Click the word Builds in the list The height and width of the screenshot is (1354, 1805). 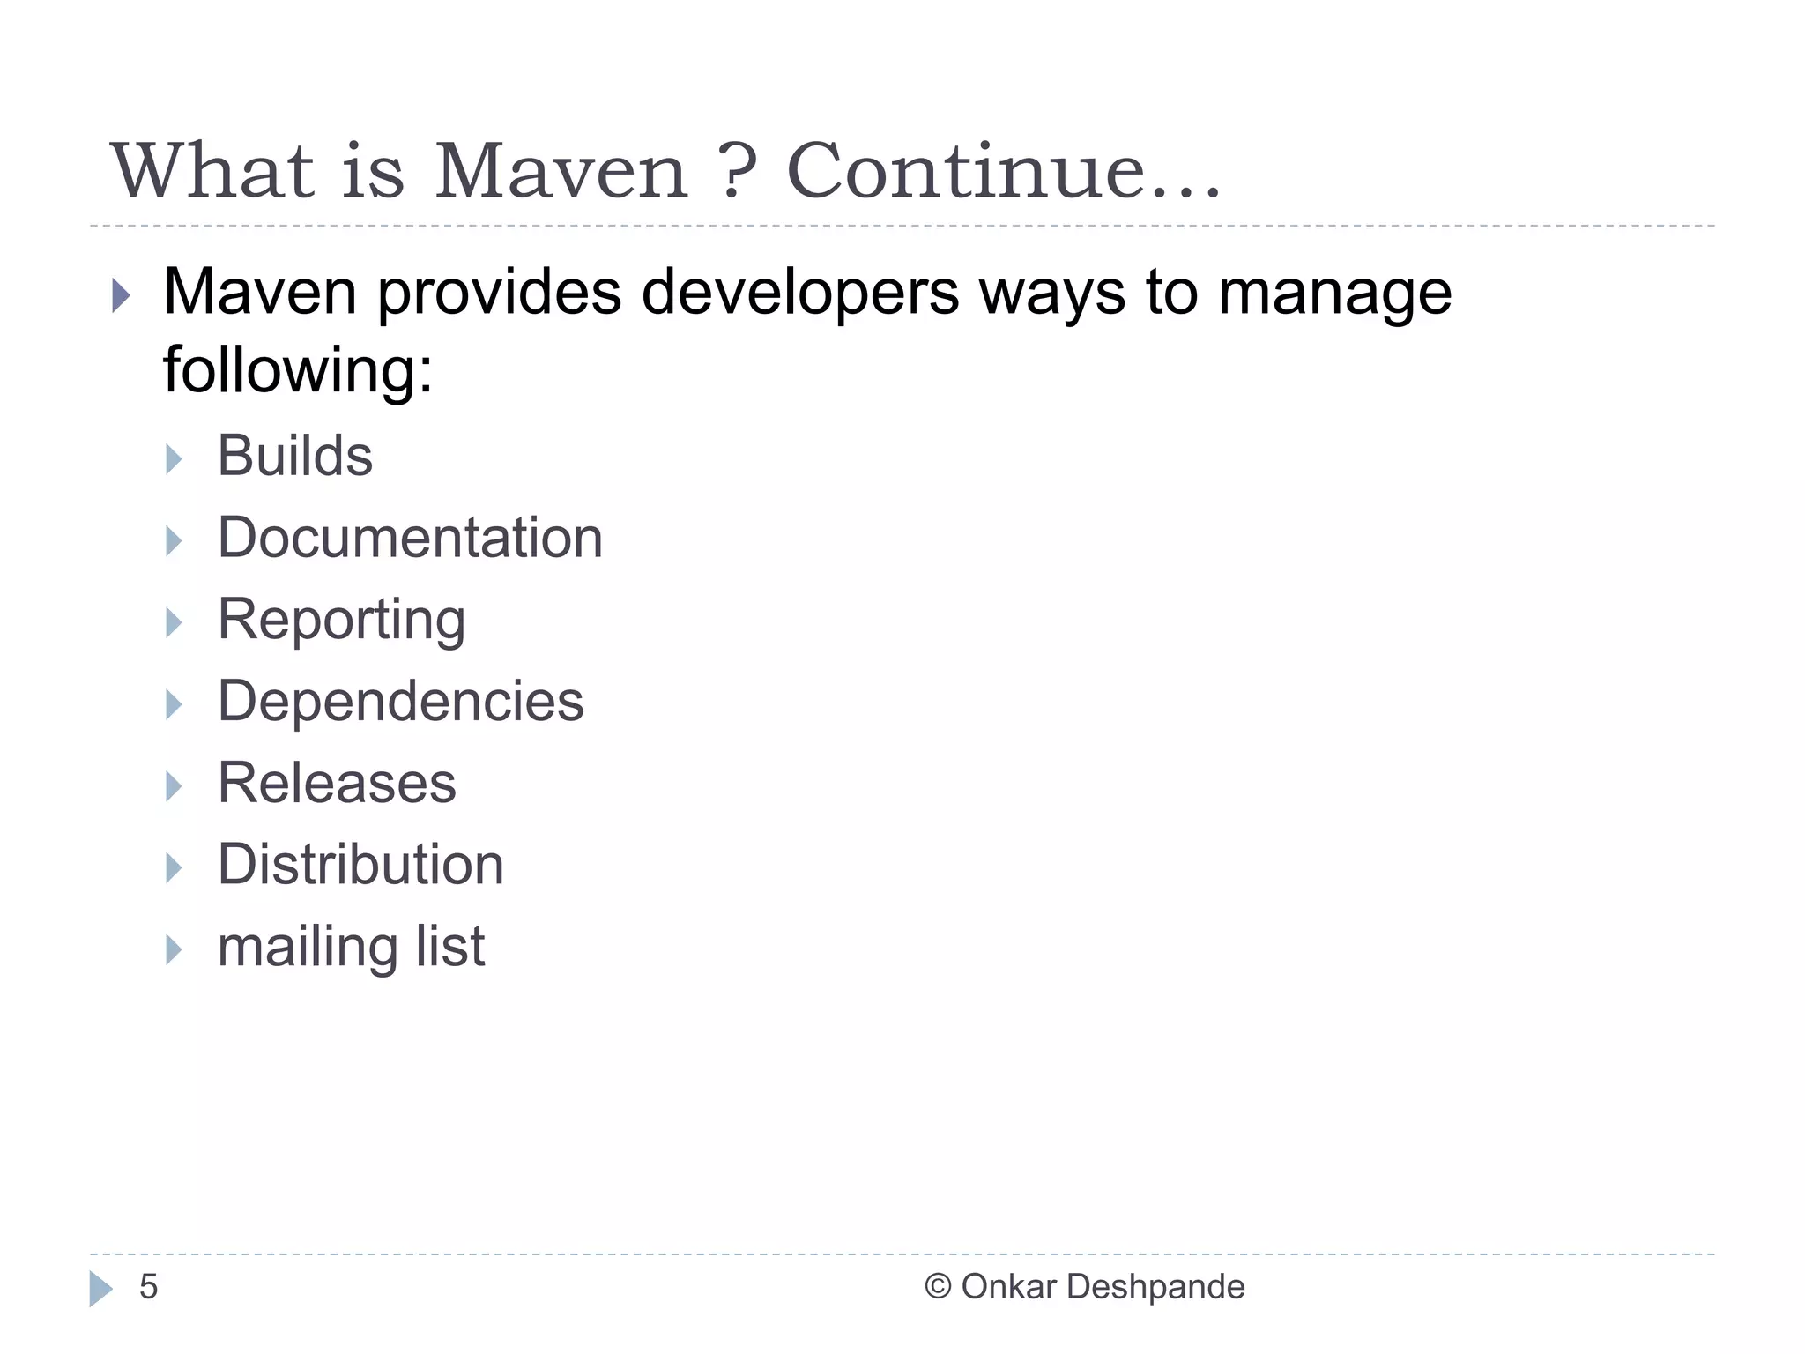click(x=294, y=456)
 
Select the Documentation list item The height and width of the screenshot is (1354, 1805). click(x=410, y=538)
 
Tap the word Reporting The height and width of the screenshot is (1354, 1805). click(x=341, y=620)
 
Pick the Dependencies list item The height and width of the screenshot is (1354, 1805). click(x=400, y=702)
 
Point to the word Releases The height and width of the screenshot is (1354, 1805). click(x=337, y=783)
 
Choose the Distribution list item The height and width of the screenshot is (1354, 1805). click(x=360, y=864)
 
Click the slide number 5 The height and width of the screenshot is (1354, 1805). click(x=148, y=1287)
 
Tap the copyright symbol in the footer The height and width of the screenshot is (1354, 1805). click(x=938, y=1287)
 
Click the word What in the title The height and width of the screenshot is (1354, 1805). click(x=212, y=171)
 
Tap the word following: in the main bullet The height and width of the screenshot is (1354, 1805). click(x=298, y=369)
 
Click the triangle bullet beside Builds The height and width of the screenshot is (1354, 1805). click(x=174, y=458)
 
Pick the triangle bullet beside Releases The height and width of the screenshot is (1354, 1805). click(x=174, y=785)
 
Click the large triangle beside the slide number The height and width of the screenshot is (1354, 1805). click(x=100, y=1289)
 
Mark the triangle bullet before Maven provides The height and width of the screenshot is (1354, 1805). click(x=121, y=296)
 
